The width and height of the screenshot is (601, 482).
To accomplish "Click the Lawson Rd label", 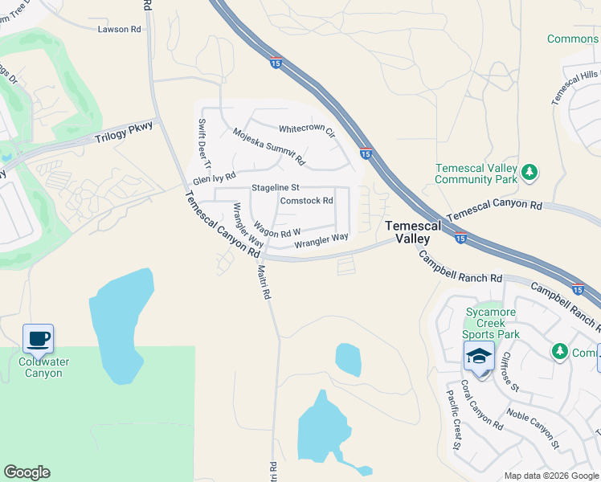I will [119, 29].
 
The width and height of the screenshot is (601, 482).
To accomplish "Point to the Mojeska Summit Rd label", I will [268, 147].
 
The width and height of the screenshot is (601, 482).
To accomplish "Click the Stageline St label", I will [275, 188].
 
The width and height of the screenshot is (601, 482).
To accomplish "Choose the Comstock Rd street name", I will [306, 201].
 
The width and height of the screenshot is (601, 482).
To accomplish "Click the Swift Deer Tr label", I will [203, 142].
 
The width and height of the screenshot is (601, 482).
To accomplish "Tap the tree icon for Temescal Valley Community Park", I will [529, 171].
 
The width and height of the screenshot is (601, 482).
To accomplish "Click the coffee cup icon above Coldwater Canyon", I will [38, 338].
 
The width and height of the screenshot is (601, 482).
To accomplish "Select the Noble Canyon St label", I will [531, 428].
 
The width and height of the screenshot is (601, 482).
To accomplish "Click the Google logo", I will [27, 472].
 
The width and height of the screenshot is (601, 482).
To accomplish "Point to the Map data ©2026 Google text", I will [550, 476].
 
